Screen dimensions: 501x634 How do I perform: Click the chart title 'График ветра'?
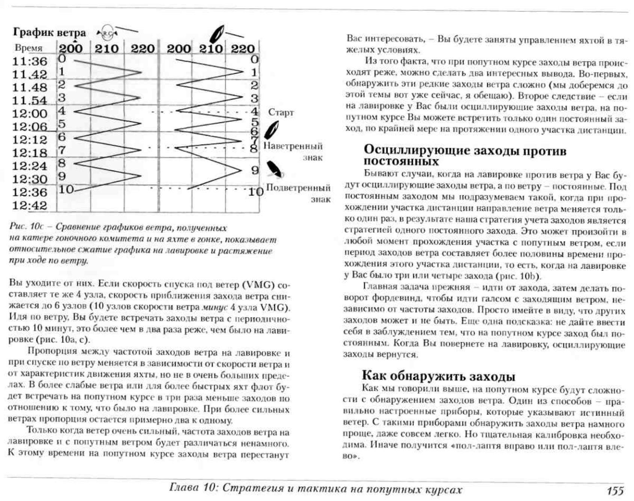tap(49, 32)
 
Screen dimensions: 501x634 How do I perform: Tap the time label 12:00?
tap(30, 114)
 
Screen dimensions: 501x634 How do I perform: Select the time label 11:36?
tap(30, 61)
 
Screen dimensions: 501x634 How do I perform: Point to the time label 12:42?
tap(30, 206)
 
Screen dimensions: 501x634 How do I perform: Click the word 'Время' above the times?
tap(29, 48)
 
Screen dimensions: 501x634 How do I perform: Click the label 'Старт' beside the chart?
tap(281, 112)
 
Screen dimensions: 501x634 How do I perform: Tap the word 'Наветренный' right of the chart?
tap(293, 146)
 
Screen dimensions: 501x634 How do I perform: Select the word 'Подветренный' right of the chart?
tap(298, 188)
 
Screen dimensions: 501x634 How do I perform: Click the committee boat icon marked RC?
tap(107, 33)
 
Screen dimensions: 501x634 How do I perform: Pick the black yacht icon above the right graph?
tap(217, 33)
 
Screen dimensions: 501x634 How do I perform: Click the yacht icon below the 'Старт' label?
tap(271, 130)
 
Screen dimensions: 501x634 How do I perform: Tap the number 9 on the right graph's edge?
tap(255, 170)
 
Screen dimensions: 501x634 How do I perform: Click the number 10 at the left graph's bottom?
tap(66, 189)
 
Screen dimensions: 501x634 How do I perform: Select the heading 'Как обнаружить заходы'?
tap(438, 376)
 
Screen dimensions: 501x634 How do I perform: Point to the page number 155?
tap(615, 490)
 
